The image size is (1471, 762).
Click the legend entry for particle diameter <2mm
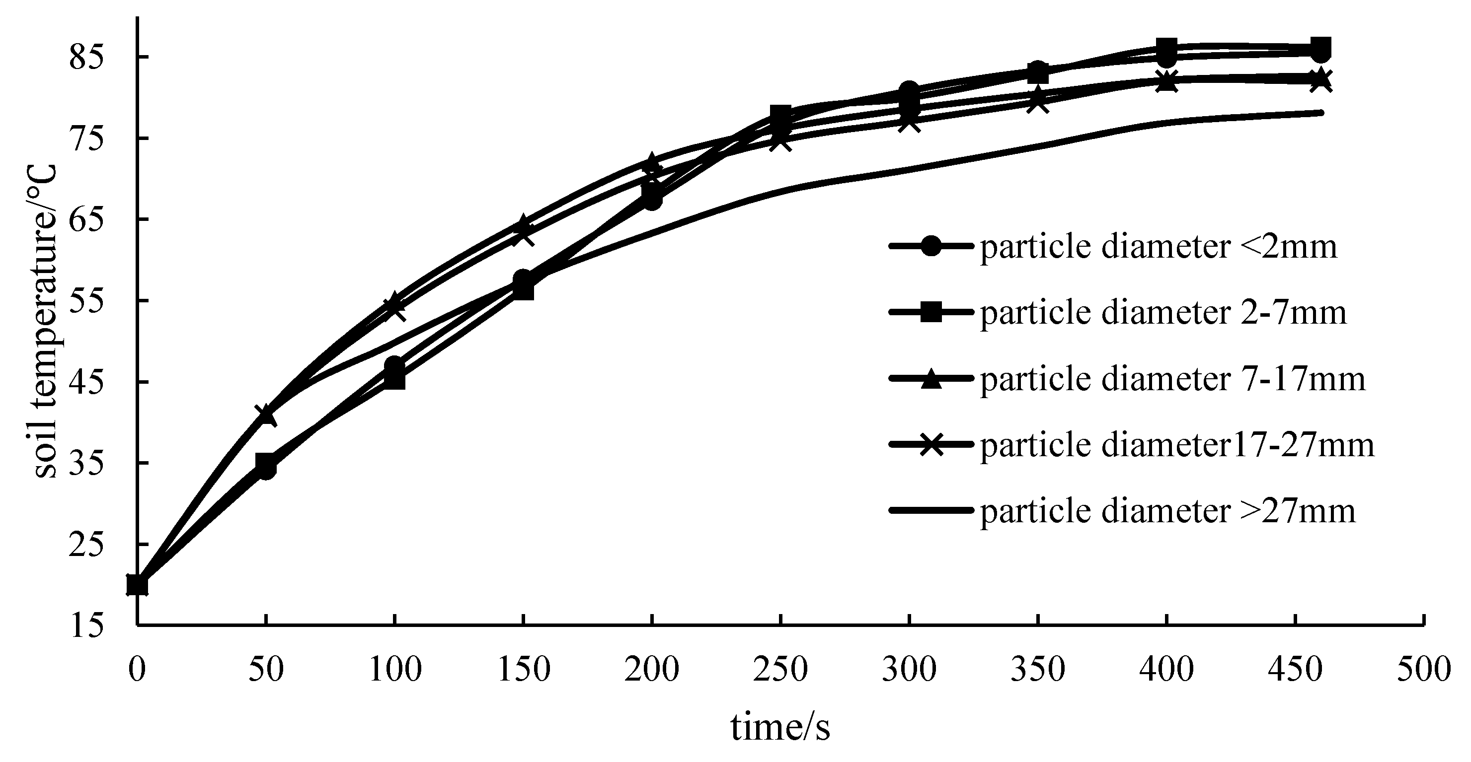coord(1159,248)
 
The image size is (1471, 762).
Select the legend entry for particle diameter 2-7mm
coord(1163,313)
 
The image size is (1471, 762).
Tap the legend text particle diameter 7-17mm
coord(1173,379)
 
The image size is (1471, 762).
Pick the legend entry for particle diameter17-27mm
coord(1177,445)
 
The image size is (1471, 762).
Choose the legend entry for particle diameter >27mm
coord(1168,511)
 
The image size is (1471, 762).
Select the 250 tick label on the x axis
coord(780,669)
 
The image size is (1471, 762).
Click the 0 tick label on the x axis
coord(137,669)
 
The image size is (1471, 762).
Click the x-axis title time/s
coord(780,728)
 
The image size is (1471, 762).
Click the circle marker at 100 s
coord(394,366)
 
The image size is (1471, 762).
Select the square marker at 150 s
coord(523,290)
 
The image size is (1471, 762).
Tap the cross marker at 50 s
coord(266,415)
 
